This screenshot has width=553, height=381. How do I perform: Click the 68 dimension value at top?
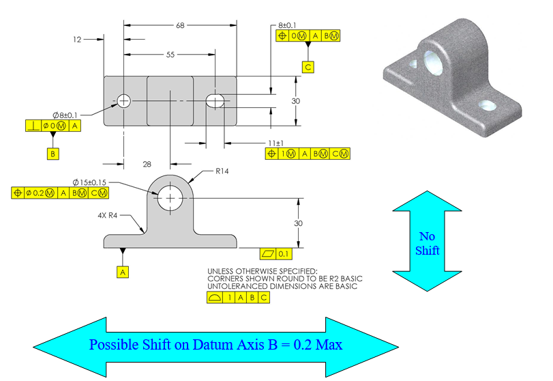(180, 25)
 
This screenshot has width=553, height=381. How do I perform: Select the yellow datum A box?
(123, 271)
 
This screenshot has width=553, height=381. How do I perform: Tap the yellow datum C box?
(309, 67)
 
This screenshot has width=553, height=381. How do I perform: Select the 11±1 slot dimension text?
(275, 143)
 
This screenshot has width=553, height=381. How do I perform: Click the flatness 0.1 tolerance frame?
(276, 254)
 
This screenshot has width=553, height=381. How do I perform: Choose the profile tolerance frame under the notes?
(238, 298)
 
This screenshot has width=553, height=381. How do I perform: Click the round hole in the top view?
(123, 101)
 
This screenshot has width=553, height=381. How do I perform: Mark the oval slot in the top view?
(215, 101)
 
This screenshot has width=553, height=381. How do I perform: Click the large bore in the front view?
(170, 200)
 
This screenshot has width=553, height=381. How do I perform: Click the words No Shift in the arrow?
(428, 243)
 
